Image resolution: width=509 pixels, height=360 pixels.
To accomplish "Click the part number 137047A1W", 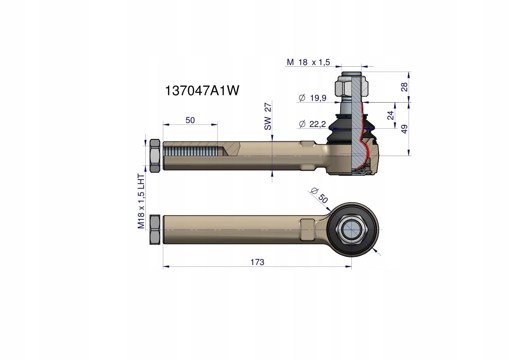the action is click(202, 91).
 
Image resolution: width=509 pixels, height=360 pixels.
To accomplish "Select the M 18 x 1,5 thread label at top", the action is click(309, 62).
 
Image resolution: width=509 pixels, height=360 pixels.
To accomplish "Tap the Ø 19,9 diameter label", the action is click(312, 98).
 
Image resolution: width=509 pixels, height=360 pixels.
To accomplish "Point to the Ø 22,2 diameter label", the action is click(312, 124).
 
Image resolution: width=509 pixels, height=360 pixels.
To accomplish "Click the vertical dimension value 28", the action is click(404, 87).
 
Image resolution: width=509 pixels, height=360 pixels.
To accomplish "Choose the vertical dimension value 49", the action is click(404, 129).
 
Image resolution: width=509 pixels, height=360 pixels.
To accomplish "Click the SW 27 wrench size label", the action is click(268, 116).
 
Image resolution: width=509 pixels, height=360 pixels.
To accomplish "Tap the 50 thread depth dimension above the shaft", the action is click(190, 120).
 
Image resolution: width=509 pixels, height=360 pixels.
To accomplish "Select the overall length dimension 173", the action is click(257, 262).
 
